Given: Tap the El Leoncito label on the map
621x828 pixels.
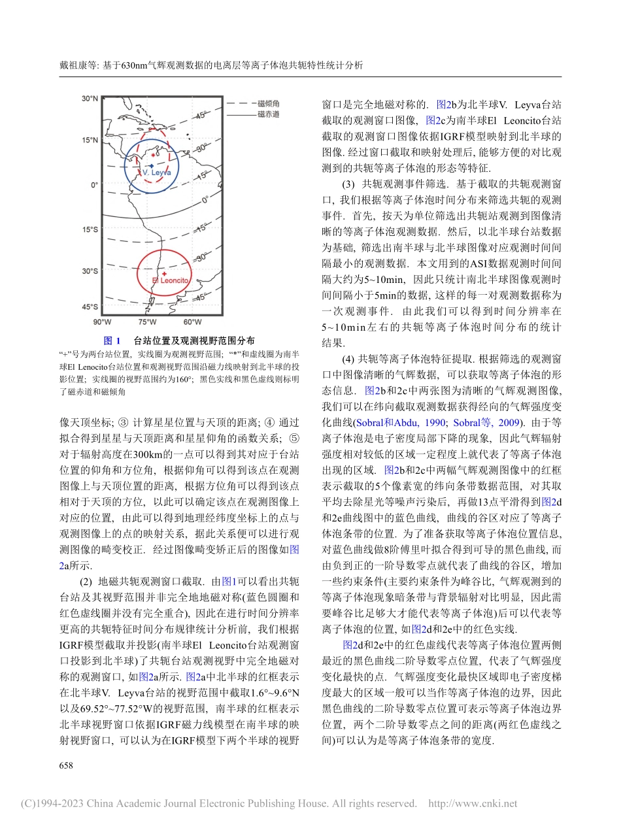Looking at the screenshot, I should (169, 280).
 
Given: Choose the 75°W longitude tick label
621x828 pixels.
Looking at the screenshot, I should (147, 322).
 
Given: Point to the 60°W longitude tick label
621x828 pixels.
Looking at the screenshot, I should (192, 322).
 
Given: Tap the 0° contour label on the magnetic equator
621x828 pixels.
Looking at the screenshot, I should (204, 200).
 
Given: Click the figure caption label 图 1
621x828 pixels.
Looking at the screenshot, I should (112, 341).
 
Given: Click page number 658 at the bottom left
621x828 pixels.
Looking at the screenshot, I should (66, 765).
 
